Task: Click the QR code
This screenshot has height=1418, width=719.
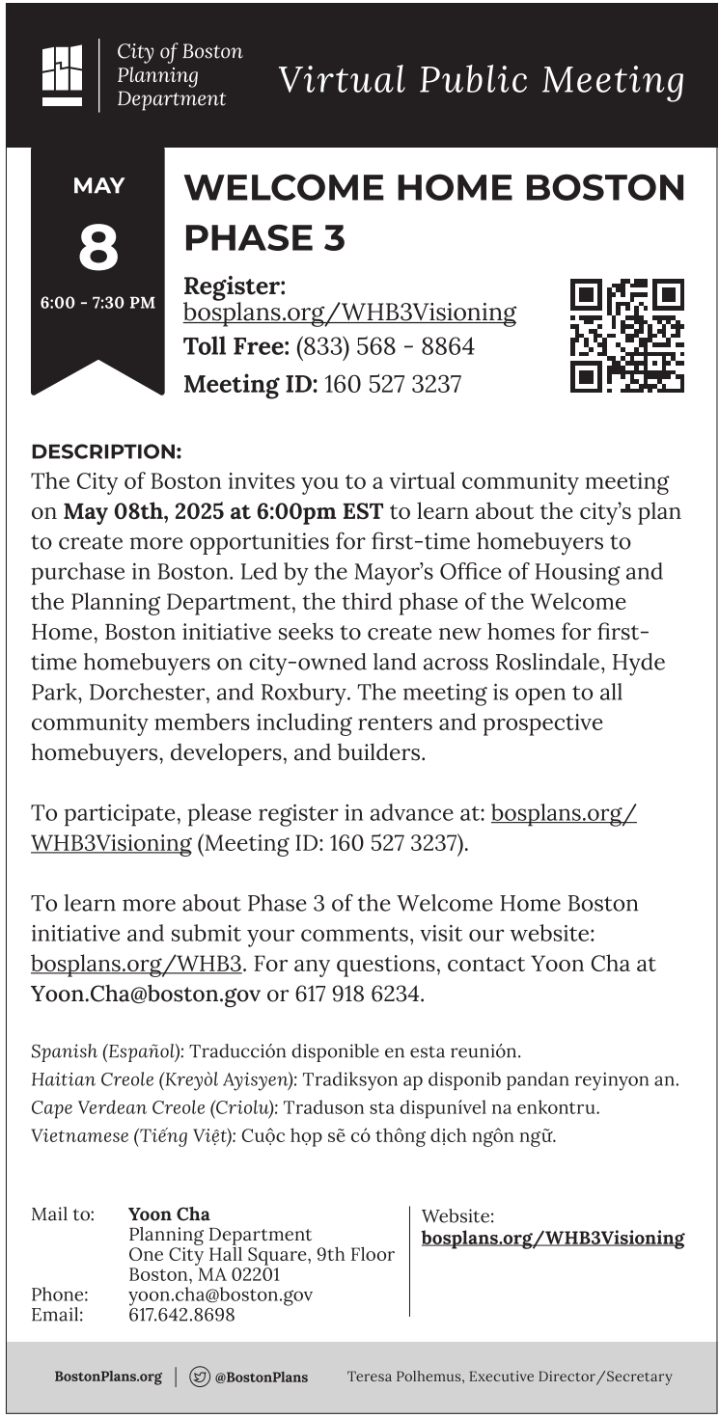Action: (626, 336)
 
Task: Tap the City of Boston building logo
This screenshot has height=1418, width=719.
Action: (63, 75)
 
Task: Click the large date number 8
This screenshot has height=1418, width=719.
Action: (97, 247)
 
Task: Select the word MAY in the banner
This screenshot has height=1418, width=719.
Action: (97, 186)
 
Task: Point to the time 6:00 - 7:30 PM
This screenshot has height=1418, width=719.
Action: (97, 303)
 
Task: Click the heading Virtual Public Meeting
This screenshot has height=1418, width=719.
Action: (481, 80)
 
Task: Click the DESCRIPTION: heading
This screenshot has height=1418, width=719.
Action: (106, 451)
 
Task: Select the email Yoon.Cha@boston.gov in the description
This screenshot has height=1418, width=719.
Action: (146, 994)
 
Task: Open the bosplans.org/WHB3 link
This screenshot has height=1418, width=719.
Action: (136, 964)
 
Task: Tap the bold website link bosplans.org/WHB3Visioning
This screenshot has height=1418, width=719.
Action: (553, 1239)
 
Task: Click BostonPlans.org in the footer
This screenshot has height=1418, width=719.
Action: (108, 1377)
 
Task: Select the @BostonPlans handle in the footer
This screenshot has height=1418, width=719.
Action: (261, 1377)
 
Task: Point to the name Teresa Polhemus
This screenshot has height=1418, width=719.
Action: (404, 1377)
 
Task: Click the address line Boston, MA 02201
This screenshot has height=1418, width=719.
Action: (205, 1275)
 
